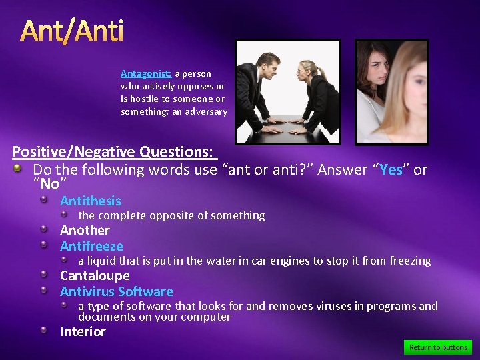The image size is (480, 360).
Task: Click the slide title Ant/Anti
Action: coord(71,31)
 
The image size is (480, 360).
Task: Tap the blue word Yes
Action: coord(391,169)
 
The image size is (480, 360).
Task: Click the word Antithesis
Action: coord(91,201)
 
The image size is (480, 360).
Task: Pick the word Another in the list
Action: coord(85,230)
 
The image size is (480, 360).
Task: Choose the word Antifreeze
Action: coord(91,246)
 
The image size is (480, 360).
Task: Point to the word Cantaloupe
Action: coord(95,275)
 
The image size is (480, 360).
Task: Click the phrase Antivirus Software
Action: coord(116,291)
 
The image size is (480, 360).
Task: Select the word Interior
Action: coord(83,331)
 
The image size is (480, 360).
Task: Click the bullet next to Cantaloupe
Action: coord(43,275)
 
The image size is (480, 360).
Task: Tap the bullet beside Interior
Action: coord(43,331)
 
